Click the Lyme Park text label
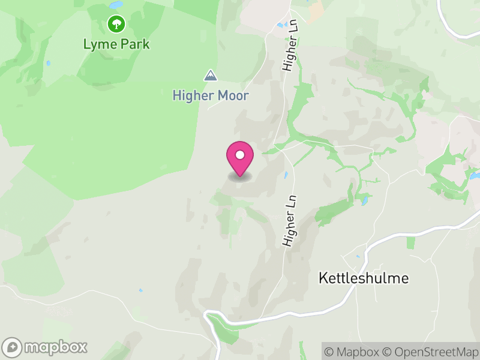pyautogui.click(x=116, y=44)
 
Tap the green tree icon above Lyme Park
pyautogui.click(x=116, y=24)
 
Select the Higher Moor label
pyautogui.click(x=211, y=95)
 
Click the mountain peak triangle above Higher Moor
pyautogui.click(x=210, y=75)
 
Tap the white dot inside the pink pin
pyautogui.click(x=240, y=155)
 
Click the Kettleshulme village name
pyautogui.click(x=364, y=278)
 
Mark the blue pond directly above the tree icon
pyautogui.click(x=116, y=5)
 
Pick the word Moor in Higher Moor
pyautogui.click(x=235, y=95)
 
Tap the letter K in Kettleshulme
pyautogui.click(x=322, y=278)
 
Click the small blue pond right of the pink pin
pyautogui.click(x=286, y=175)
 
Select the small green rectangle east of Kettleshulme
pyautogui.click(x=410, y=242)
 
